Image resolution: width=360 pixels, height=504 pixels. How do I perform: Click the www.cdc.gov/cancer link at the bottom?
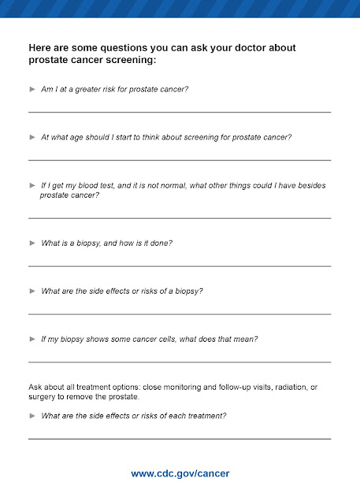tap(180, 473)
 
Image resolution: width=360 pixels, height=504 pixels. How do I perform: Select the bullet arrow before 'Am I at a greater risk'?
tap(32, 89)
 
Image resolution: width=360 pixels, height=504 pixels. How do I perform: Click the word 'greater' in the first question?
tap(92, 89)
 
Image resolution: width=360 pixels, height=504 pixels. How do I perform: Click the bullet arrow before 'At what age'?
tap(32, 137)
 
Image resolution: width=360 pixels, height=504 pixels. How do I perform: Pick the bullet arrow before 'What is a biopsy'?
tap(32, 243)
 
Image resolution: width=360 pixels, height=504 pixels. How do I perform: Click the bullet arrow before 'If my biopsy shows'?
tap(32, 339)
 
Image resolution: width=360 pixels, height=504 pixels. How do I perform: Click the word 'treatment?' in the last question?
tap(207, 415)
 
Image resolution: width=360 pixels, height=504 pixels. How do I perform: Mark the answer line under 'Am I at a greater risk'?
tap(180, 113)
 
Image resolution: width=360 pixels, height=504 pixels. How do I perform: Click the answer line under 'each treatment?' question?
tap(180, 439)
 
